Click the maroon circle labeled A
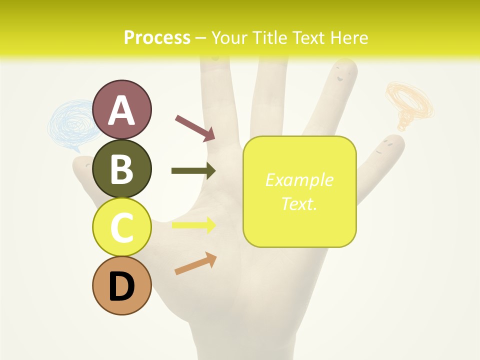click(x=121, y=109)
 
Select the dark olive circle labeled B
click(x=121, y=168)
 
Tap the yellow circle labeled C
click(x=121, y=227)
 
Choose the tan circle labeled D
click(x=121, y=285)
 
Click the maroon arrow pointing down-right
click(x=195, y=127)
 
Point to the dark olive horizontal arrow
click(x=193, y=171)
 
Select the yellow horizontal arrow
click(x=193, y=225)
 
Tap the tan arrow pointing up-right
click(x=195, y=263)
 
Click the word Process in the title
click(x=157, y=37)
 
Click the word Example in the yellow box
click(x=299, y=180)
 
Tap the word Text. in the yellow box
click(x=299, y=203)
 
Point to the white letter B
click(x=121, y=169)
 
